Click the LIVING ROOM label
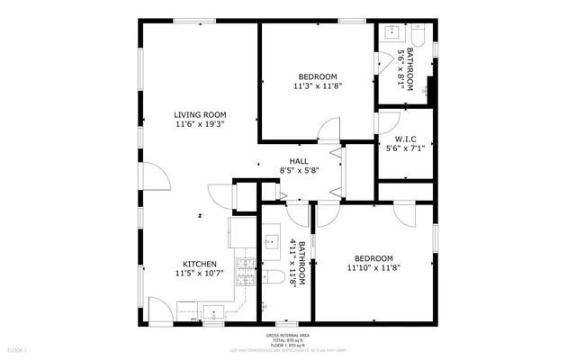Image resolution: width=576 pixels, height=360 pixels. (200, 114)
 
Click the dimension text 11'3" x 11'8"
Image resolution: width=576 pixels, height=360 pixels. (318, 86)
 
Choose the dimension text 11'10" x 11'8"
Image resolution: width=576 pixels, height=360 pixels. (373, 267)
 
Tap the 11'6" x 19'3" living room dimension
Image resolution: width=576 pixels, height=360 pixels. (200, 124)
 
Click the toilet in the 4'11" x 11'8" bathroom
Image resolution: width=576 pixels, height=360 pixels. (274, 276)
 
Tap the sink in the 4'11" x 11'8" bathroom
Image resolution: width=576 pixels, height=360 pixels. (272, 241)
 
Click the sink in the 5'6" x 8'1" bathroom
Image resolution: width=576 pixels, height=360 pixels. (391, 33)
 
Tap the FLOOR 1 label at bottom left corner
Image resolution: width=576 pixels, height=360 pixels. (18, 349)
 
